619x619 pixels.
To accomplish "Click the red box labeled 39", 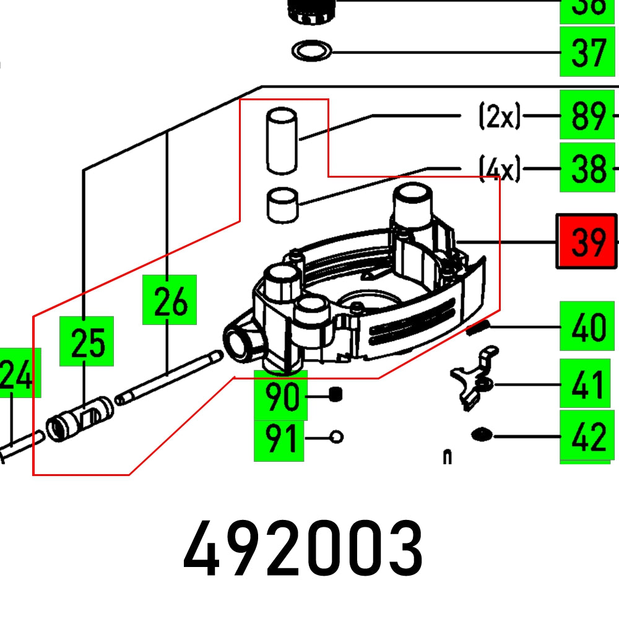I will (587, 241).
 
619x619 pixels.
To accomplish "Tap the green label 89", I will (587, 115).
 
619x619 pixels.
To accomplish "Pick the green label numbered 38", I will (587, 168).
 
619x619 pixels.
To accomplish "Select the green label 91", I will (280, 439).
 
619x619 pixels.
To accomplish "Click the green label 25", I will (87, 341).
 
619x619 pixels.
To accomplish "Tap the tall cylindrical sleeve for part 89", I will (282, 141).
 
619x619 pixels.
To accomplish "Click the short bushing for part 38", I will (282, 204).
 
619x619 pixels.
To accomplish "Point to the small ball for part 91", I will (336, 437).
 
